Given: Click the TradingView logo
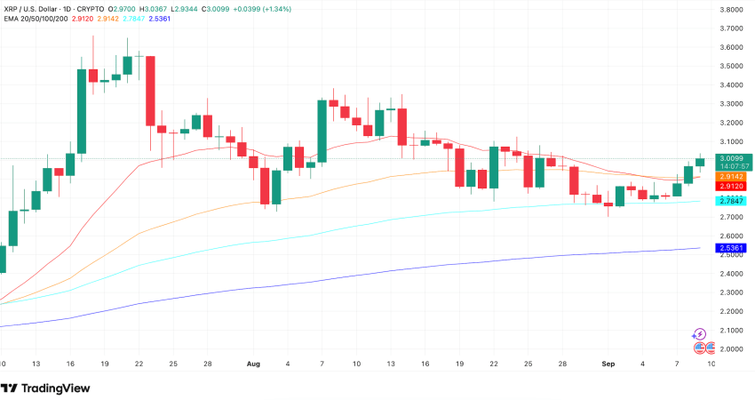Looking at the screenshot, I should tap(47, 388).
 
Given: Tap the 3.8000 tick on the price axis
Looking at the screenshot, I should tap(731, 10).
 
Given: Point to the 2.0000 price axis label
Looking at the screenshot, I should tap(731, 348).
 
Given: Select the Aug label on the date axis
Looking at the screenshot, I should tap(253, 364).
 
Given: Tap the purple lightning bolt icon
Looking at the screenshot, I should tap(700, 334).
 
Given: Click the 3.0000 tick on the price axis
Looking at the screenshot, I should tap(731, 161).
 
